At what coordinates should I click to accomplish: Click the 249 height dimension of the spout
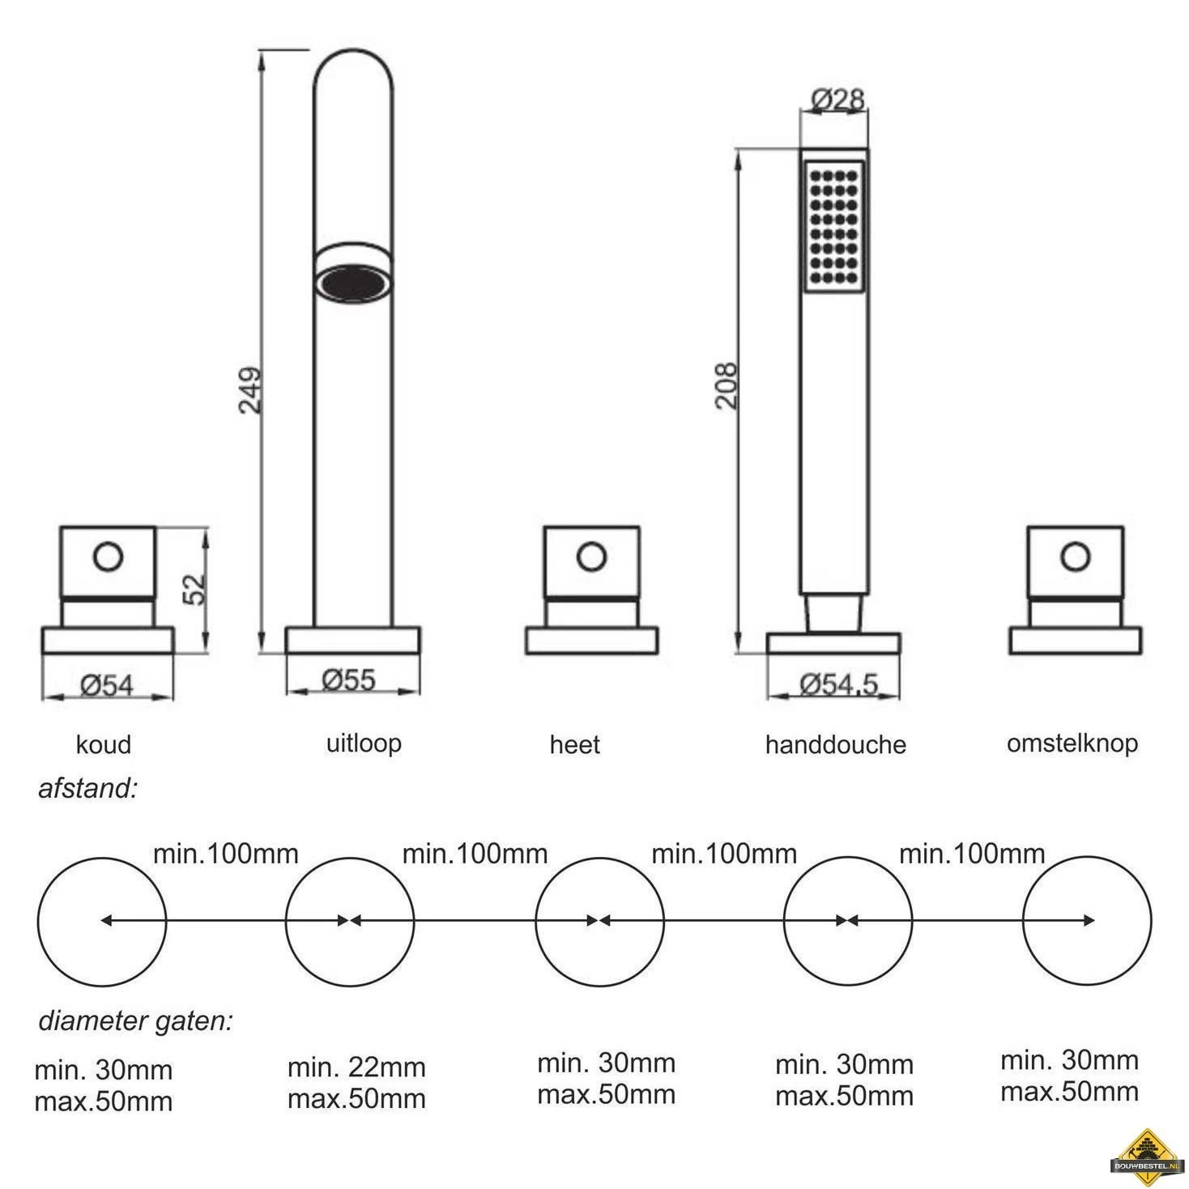(250, 390)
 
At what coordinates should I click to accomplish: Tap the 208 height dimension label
(727, 385)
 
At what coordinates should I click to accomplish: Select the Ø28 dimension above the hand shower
(837, 100)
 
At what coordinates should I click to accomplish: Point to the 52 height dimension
(194, 590)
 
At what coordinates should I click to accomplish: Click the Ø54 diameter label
(107, 685)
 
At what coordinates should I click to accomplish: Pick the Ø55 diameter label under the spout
(348, 680)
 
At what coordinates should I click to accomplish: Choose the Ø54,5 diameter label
(838, 685)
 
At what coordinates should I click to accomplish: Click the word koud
(103, 744)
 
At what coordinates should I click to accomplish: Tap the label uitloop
(364, 743)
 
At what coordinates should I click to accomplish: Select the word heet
(574, 744)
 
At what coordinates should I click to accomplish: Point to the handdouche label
(835, 744)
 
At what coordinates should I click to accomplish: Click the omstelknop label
(1072, 744)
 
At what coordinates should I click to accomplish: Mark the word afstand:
(87, 789)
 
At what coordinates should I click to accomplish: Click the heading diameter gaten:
(136, 1021)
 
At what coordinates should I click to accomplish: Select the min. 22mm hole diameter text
(356, 1068)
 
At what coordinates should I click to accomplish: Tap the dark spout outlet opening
(353, 284)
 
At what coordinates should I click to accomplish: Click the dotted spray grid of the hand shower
(833, 227)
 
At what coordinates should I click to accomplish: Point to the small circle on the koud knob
(108, 556)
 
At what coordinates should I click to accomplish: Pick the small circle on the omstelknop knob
(1076, 556)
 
